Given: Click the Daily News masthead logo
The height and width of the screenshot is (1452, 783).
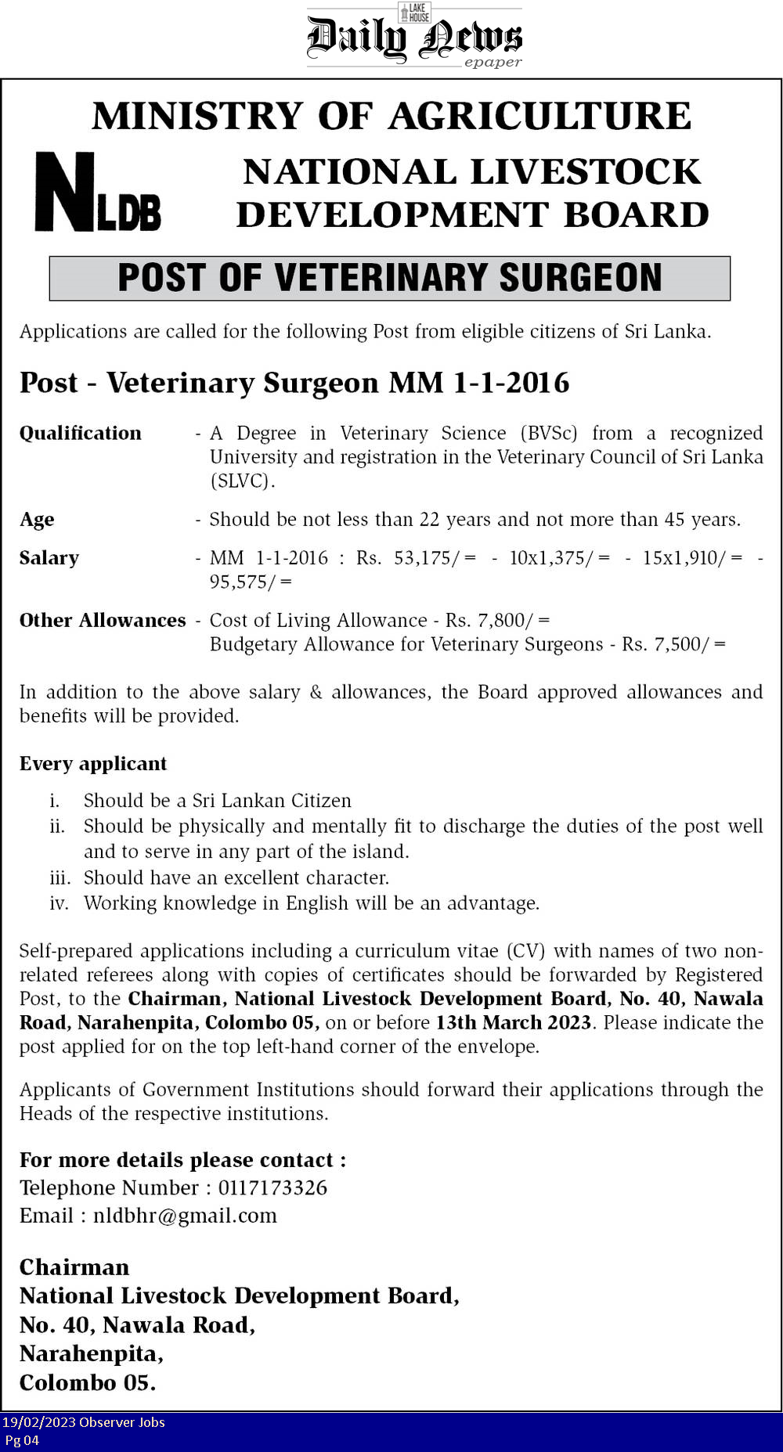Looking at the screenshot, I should [414, 37].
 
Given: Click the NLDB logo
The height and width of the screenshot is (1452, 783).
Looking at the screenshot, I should [98, 193].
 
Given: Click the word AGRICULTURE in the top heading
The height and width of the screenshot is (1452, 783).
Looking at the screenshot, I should [539, 117].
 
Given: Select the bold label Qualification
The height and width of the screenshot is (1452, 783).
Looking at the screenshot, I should [81, 433].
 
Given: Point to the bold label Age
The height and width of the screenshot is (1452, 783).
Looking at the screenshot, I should [37, 520].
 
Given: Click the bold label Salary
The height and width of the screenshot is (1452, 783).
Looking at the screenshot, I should [49, 558].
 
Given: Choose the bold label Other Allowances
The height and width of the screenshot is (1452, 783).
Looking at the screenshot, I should [103, 621].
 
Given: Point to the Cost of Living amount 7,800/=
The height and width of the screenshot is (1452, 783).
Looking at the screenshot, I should [514, 621].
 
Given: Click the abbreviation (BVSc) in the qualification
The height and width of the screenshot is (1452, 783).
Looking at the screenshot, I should [549, 433].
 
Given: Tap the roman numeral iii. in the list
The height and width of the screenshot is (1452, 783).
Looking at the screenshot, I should [60, 877].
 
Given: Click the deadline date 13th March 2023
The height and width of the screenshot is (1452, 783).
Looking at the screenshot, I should [513, 1022].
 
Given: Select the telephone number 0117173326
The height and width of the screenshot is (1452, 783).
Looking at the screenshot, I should [272, 1187].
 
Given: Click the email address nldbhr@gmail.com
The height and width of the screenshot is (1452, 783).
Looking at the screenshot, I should [185, 1216].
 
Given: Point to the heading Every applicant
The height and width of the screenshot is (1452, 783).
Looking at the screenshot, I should [93, 763].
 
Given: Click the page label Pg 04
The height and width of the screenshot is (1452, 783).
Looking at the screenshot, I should [22, 1440].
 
